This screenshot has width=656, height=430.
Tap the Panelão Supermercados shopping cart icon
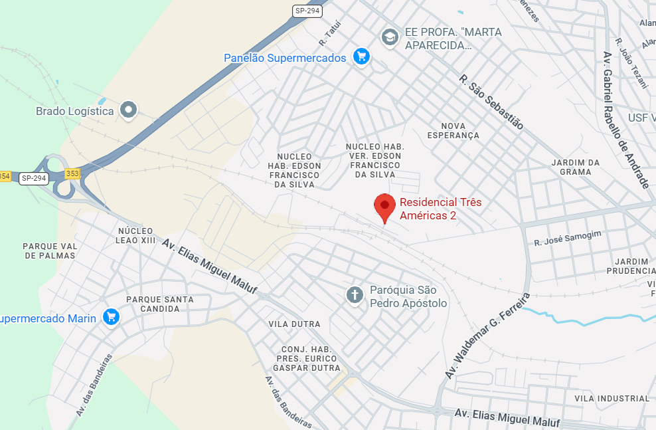[361, 56]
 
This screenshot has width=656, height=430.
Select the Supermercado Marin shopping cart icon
[111, 317]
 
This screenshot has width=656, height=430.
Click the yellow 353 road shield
[72, 173]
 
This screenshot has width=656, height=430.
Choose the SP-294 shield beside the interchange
[33, 178]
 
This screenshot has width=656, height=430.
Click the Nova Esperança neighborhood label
[453, 130]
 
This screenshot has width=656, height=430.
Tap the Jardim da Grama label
[575, 167]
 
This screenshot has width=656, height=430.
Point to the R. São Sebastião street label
[491, 102]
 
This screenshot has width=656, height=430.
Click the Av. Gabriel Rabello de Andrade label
[625, 120]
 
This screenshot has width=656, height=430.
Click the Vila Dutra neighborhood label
[294, 324]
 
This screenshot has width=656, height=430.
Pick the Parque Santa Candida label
[160, 304]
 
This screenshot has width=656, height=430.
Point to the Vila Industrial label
[612, 398]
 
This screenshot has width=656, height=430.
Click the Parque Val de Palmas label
[50, 251]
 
